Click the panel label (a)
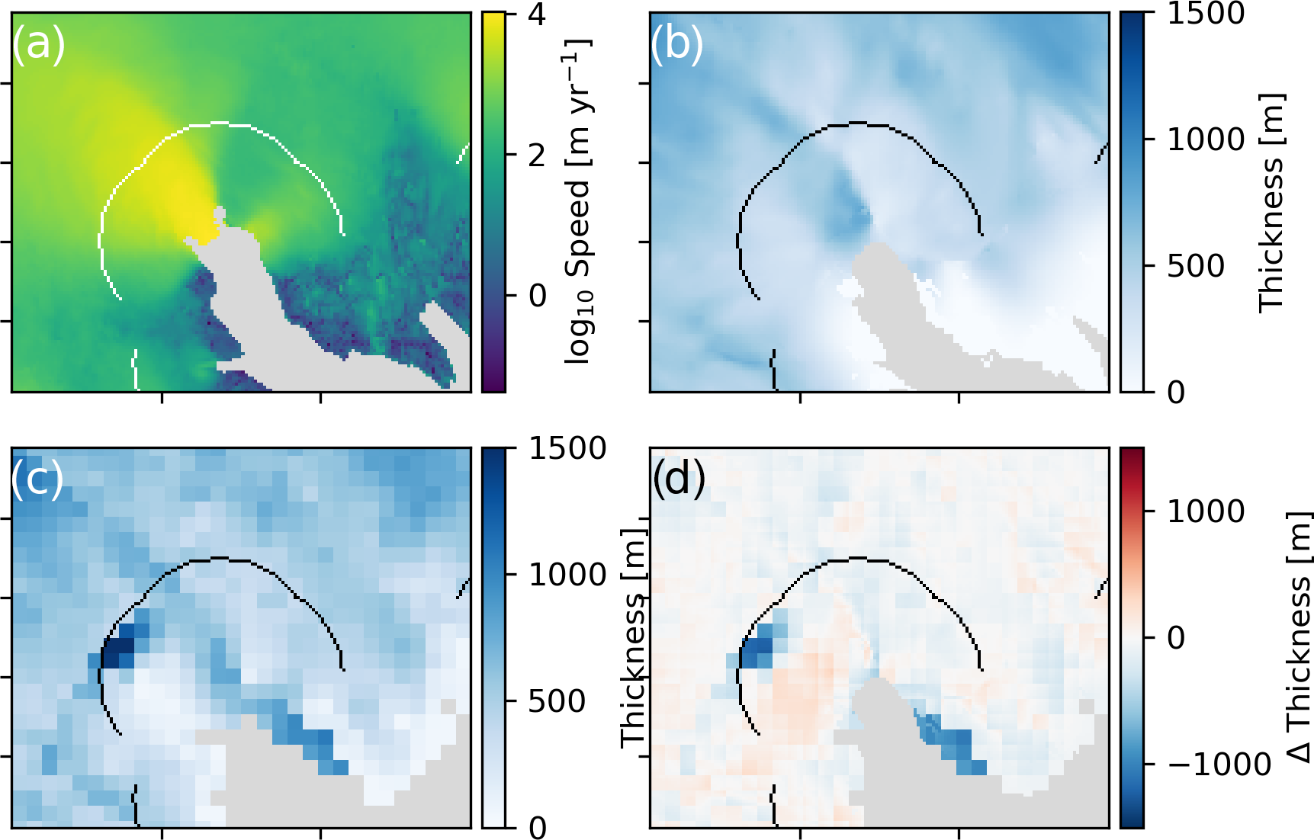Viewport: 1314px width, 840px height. (x=39, y=43)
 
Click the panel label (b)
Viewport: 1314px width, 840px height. (x=676, y=43)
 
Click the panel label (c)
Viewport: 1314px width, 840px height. (x=37, y=479)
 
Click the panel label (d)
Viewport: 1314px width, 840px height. (x=678, y=479)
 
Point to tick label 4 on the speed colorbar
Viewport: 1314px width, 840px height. (x=538, y=14)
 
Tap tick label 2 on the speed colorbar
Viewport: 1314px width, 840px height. (x=538, y=155)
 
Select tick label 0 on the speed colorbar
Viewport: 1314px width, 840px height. (x=538, y=296)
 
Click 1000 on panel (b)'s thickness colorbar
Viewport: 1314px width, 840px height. (x=1206, y=139)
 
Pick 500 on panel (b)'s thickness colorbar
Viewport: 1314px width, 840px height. (x=1196, y=266)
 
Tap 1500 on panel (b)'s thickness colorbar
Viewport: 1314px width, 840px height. (x=1206, y=14)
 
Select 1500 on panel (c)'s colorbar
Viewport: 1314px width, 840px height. (x=567, y=449)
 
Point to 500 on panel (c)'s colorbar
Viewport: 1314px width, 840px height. (x=557, y=701)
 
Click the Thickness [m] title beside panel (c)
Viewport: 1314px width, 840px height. (x=634, y=637)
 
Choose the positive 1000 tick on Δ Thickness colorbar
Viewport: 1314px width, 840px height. (x=1206, y=511)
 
